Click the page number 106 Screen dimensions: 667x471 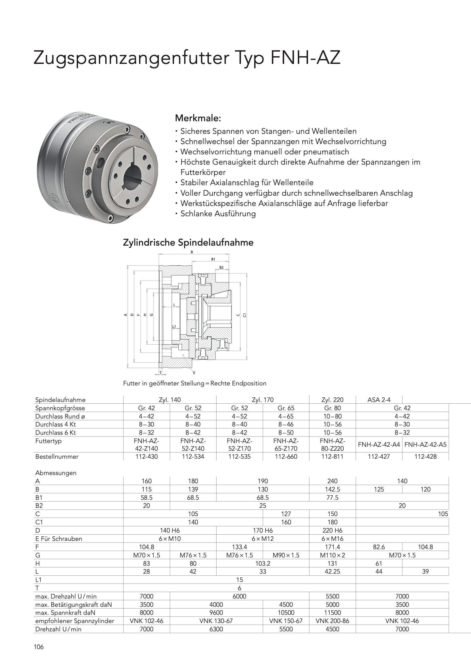pyautogui.click(x=38, y=647)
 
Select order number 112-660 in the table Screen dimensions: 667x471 pyautogui.click(x=286, y=456)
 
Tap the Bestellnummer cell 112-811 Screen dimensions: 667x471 pyautogui.click(x=332, y=456)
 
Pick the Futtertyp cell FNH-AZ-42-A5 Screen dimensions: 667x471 pyautogui.click(x=425, y=444)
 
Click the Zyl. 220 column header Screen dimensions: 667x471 pyautogui.click(x=332, y=400)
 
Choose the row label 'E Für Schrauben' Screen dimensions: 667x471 pyautogui.click(x=59, y=539)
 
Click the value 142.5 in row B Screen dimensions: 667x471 pyautogui.click(x=332, y=489)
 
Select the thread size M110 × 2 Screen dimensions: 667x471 pyautogui.click(x=332, y=555)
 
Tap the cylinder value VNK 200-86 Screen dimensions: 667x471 pyautogui.click(x=332, y=621)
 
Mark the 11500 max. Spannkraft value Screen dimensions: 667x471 pyautogui.click(x=332, y=613)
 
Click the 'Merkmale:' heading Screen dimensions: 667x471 pyautogui.click(x=198, y=118)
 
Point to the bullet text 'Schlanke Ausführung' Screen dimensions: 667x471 pyautogui.click(x=218, y=214)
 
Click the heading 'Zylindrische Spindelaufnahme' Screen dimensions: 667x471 pyautogui.click(x=188, y=242)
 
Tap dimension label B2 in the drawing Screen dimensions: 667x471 pyautogui.click(x=221, y=268)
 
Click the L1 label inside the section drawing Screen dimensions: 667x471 pyautogui.click(x=174, y=327)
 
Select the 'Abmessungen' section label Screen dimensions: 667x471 pyautogui.click(x=56, y=473)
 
